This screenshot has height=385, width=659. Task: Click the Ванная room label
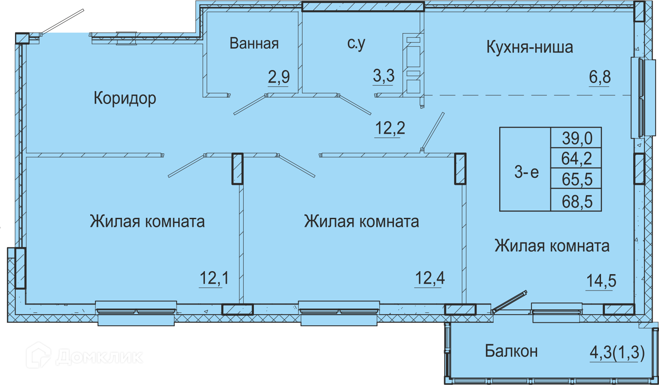tap(254, 43)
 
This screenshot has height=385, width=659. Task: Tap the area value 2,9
tap(279, 77)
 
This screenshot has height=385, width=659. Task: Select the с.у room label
tap(356, 44)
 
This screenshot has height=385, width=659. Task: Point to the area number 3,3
tap(384, 76)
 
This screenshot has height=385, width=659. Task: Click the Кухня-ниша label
tap(530, 47)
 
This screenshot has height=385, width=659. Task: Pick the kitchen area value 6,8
tap(600, 77)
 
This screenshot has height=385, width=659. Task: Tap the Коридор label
tap(125, 98)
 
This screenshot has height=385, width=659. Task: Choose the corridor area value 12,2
tap(390, 128)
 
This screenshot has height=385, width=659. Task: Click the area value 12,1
tap(214, 278)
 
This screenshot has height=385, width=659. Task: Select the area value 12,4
tap(430, 278)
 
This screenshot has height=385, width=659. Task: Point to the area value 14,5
tap(601, 281)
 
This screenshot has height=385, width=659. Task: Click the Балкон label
tap(511, 351)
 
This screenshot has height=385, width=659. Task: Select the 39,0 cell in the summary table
tap(576, 137)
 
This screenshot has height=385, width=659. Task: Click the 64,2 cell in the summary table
tap(576, 158)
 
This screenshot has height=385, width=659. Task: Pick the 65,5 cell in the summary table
tap(576, 179)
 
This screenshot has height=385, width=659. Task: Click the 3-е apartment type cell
tap(526, 172)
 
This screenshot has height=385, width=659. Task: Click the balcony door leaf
tap(510, 302)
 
